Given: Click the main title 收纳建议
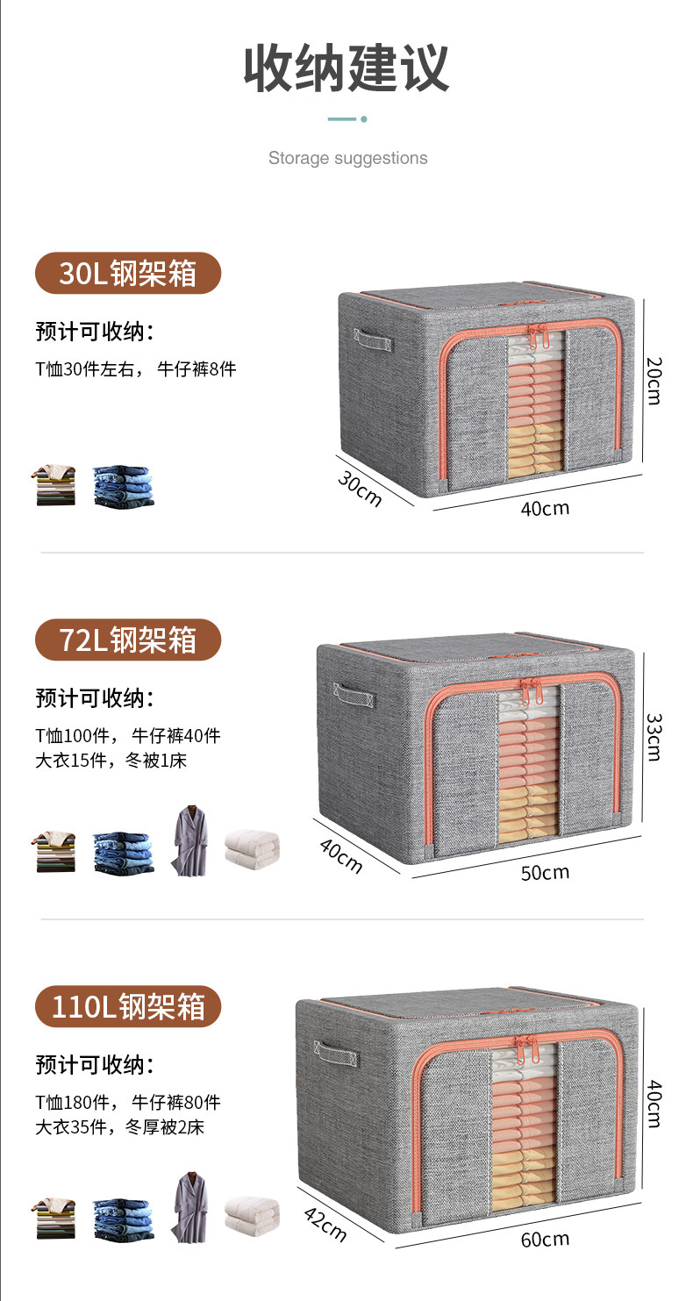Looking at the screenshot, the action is pyautogui.click(x=346, y=69).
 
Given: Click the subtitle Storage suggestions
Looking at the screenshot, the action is pyautogui.click(x=347, y=158).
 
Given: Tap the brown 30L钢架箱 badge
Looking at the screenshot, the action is pyautogui.click(x=128, y=274).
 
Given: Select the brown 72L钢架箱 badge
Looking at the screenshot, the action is pyautogui.click(x=128, y=640).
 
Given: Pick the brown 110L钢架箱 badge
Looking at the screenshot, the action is pyautogui.click(x=128, y=1006).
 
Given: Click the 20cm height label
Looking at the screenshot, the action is pyautogui.click(x=654, y=379).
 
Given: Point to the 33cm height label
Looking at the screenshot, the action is pyautogui.click(x=654, y=735).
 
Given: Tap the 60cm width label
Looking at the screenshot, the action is pyautogui.click(x=545, y=1239).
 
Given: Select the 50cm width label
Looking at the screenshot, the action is pyautogui.click(x=545, y=872).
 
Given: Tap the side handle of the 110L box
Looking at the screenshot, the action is pyautogui.click(x=335, y=1050).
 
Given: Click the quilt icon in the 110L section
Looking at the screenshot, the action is pyautogui.click(x=252, y=1216).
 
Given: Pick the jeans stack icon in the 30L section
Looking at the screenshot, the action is pyautogui.click(x=123, y=485).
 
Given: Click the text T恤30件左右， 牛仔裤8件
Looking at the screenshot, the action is pyautogui.click(x=136, y=369).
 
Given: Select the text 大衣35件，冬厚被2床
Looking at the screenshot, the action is pyautogui.click(x=119, y=1127).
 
